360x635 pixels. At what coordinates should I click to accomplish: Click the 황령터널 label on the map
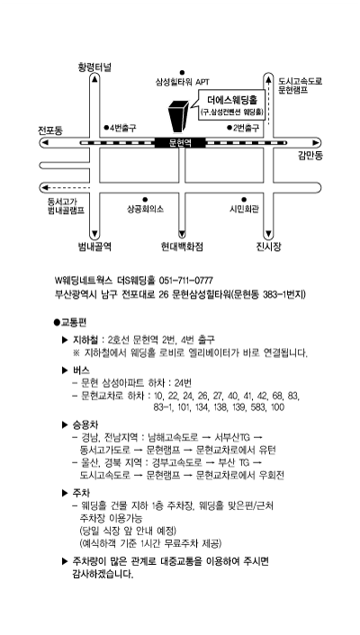click(94, 67)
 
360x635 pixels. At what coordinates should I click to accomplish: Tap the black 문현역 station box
click(180, 142)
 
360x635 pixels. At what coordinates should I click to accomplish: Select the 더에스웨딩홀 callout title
click(230, 99)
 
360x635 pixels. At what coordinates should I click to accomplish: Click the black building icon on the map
click(178, 116)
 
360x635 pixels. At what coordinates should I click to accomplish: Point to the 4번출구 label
click(120, 128)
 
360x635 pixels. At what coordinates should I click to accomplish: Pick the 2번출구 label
click(243, 128)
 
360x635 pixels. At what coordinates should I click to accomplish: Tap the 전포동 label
click(50, 130)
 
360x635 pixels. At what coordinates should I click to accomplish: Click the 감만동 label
click(310, 156)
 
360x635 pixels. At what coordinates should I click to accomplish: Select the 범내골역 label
click(94, 246)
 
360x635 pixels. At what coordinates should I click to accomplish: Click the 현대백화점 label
click(182, 246)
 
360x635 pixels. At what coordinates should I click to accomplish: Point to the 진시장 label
click(268, 246)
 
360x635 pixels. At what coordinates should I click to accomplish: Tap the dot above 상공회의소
click(145, 200)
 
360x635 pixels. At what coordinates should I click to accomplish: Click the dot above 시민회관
click(244, 200)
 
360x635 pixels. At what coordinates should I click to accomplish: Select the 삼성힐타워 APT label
click(183, 82)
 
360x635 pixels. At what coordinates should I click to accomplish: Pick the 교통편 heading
click(69, 322)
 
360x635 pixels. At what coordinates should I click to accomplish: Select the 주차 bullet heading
click(81, 493)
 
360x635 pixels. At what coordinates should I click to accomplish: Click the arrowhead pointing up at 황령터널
click(94, 79)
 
